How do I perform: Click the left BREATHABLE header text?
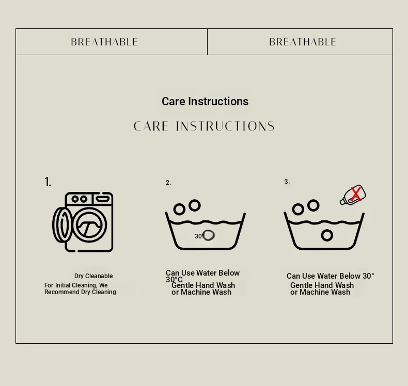click(104, 42)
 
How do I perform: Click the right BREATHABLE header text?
click(303, 42)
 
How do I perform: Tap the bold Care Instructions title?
click(205, 101)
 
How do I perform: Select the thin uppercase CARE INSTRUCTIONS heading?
click(204, 126)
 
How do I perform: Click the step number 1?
click(48, 182)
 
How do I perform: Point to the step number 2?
click(168, 183)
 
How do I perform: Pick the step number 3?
click(287, 182)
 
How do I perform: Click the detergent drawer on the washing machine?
click(103, 199)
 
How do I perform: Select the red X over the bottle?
click(356, 194)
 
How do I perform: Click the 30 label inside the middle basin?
click(198, 236)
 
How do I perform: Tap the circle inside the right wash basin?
click(327, 235)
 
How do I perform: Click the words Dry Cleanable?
click(93, 276)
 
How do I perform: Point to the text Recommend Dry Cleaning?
click(80, 292)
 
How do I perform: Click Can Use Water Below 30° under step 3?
click(331, 276)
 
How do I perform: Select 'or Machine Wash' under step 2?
click(201, 292)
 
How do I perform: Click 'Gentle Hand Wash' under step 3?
click(322, 285)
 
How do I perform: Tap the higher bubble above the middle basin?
click(195, 205)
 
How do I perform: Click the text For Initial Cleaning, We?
click(76, 285)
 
